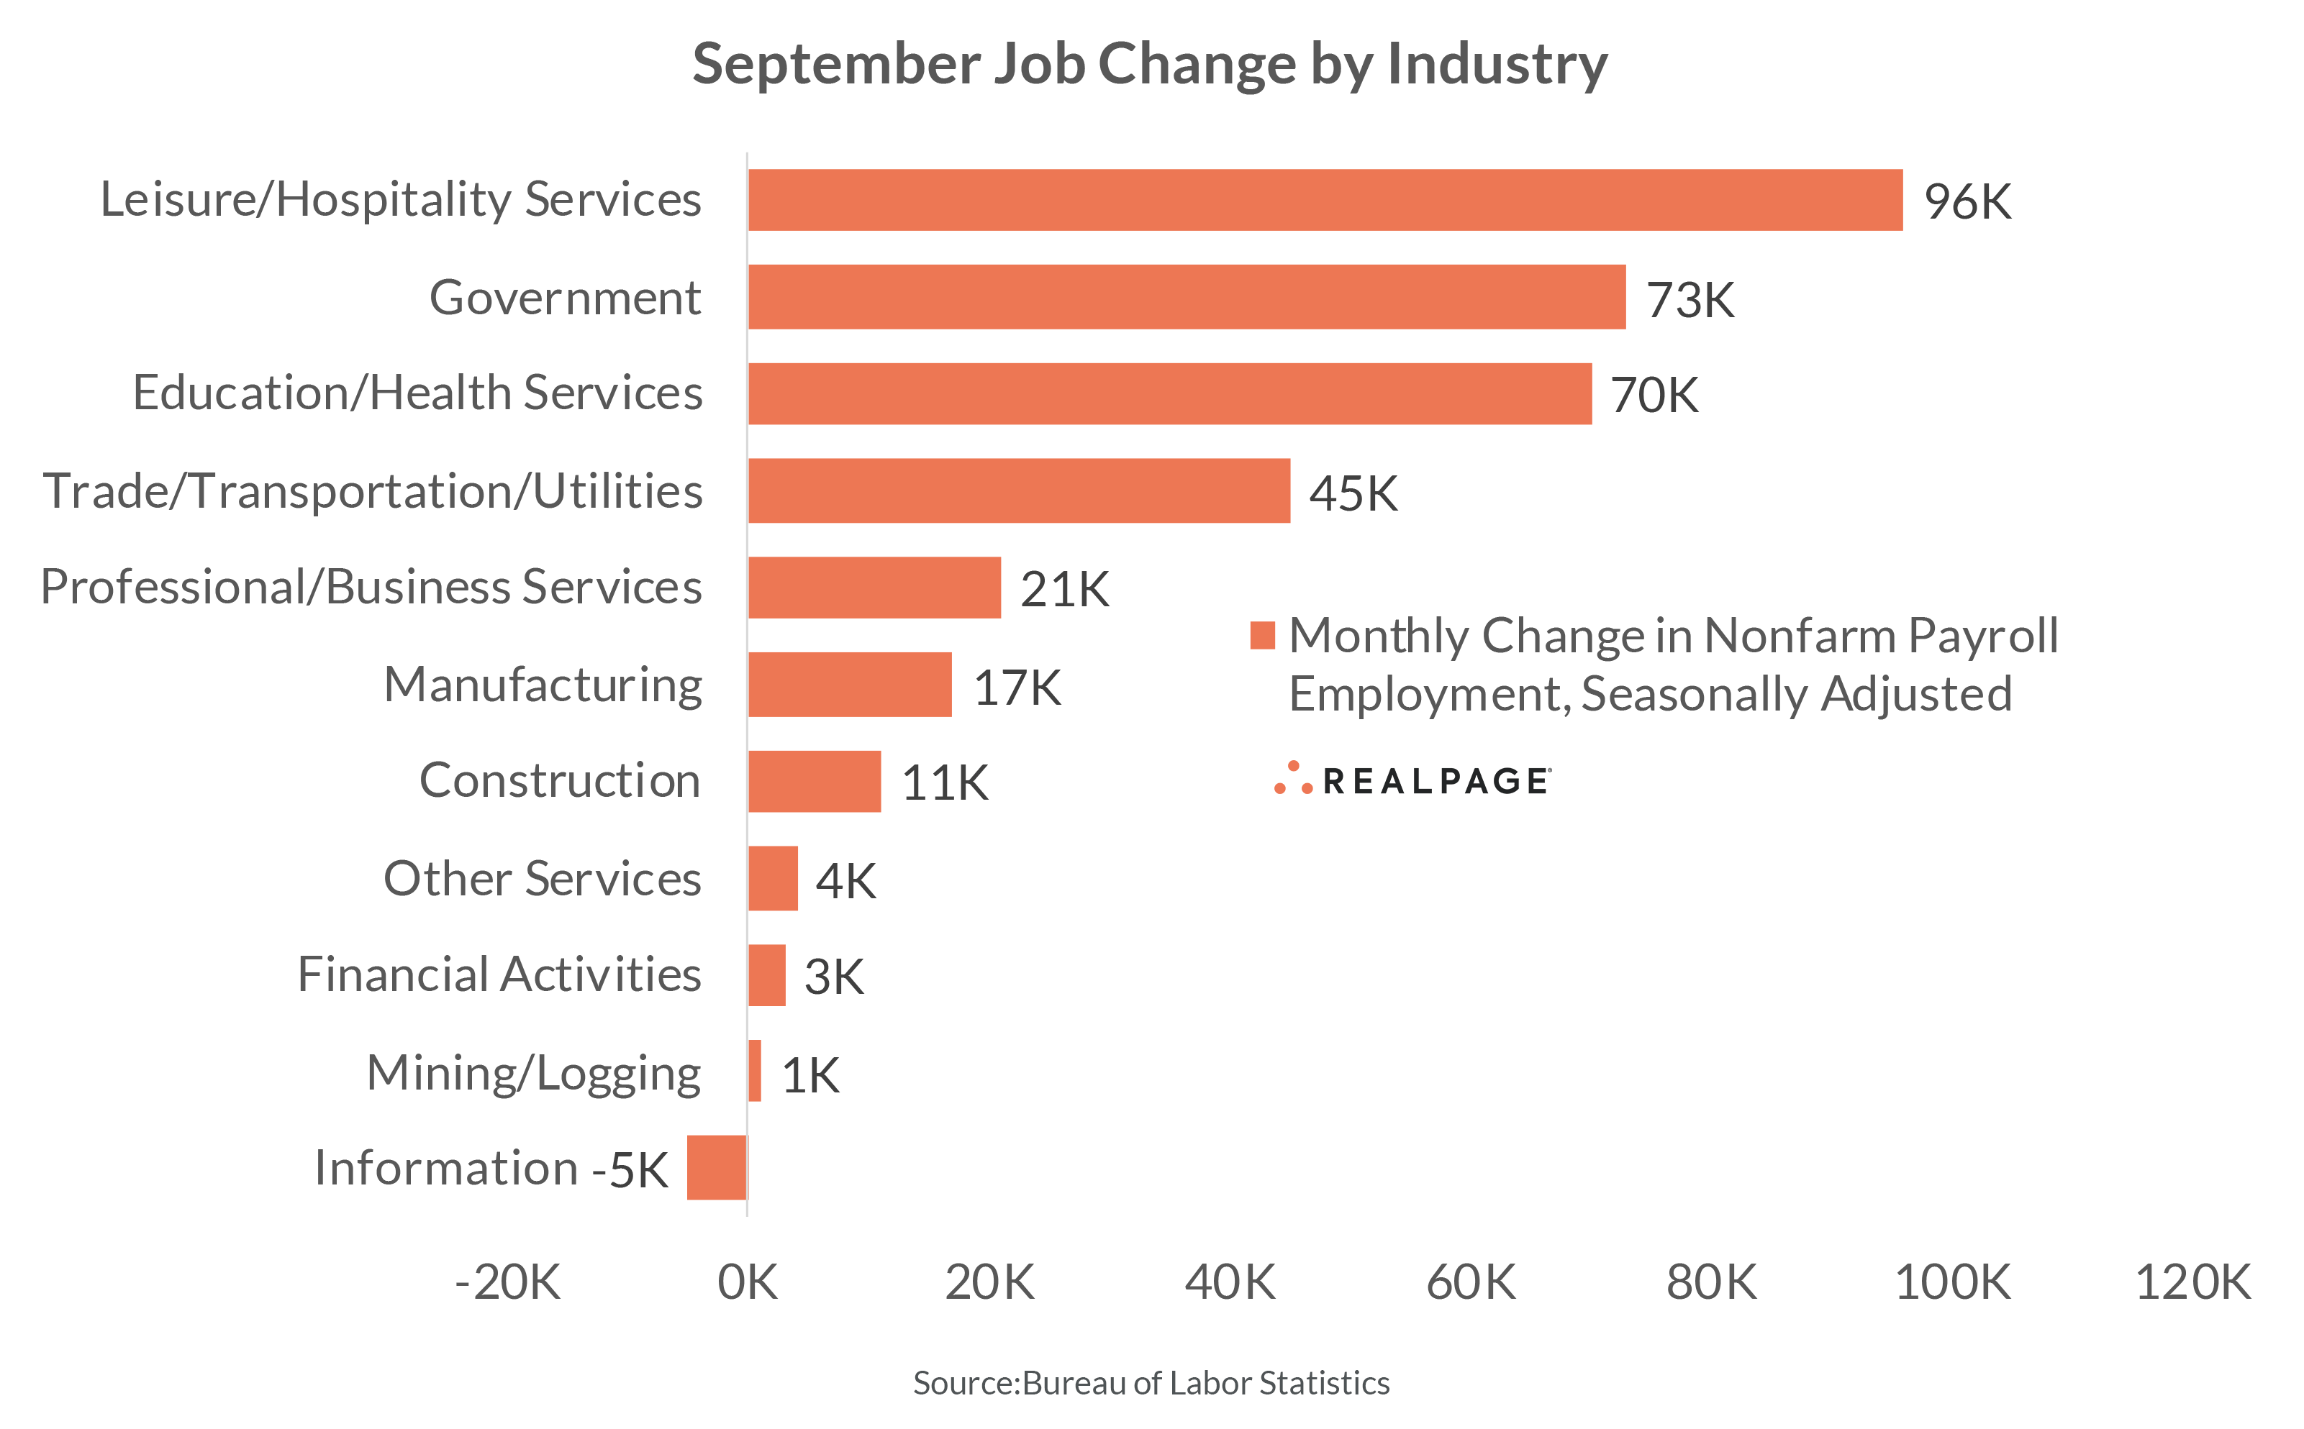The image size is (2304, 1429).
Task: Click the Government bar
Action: coord(1187,297)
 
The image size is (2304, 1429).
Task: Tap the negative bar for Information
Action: coord(717,1167)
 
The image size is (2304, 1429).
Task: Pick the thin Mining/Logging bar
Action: coord(755,1070)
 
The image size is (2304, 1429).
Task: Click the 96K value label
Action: coord(1967,201)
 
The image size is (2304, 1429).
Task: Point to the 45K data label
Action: coord(1353,493)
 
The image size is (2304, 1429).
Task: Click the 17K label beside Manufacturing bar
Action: coord(1017,687)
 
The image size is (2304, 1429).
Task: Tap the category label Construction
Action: coord(560,780)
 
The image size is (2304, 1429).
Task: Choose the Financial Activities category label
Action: coord(499,974)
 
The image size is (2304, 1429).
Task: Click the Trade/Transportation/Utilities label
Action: coord(373,491)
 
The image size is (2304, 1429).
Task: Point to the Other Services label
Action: coord(542,879)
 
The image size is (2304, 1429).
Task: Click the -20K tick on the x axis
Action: coord(508,1282)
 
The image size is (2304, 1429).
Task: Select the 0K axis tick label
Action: coord(747,1282)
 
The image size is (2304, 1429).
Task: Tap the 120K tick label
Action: coord(2192,1282)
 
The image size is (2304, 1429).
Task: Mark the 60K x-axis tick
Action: coord(1470,1282)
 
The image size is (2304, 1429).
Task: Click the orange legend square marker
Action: coord(1262,635)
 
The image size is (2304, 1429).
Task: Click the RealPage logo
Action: coord(1412,780)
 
